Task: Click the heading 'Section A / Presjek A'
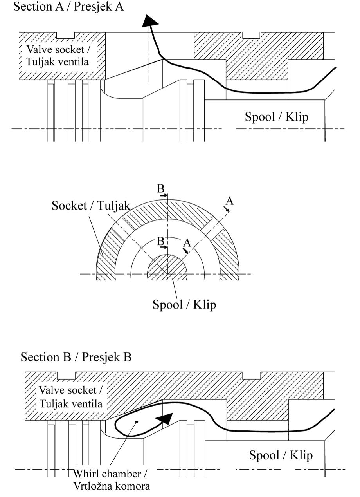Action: tap(68, 7)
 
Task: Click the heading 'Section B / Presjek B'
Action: tap(76, 357)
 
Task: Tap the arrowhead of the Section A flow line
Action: tap(148, 20)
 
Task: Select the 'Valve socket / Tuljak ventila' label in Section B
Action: tap(70, 397)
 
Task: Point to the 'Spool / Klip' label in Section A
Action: tap(276, 116)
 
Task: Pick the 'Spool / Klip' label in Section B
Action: tap(281, 455)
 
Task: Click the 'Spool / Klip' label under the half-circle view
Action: tap(184, 304)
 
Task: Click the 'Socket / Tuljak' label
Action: tap(91, 206)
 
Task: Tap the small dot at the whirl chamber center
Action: tap(136, 422)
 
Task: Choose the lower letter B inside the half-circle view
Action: tap(160, 241)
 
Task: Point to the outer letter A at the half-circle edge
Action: tap(230, 201)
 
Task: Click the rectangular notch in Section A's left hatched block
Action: tap(66, 35)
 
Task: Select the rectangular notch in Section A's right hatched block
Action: tap(251, 35)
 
